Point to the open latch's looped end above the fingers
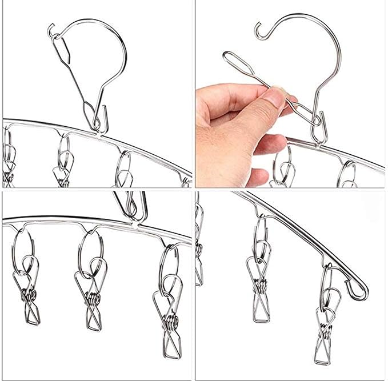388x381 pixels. [229, 58]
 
